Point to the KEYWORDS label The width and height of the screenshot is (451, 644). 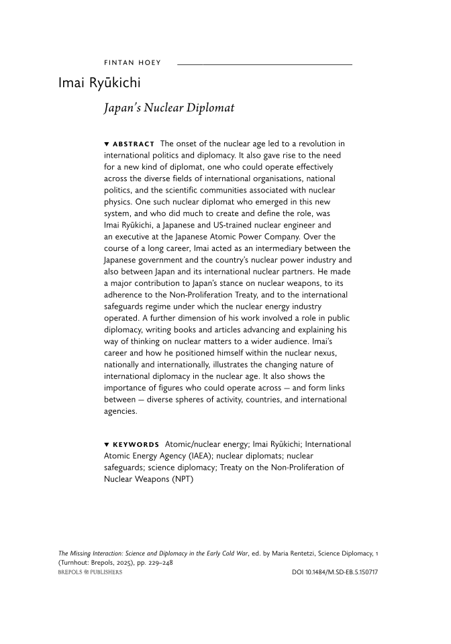click(x=136, y=445)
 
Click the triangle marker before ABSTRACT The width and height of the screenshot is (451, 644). click(x=107, y=144)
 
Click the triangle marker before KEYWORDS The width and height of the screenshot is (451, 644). click(x=107, y=445)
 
